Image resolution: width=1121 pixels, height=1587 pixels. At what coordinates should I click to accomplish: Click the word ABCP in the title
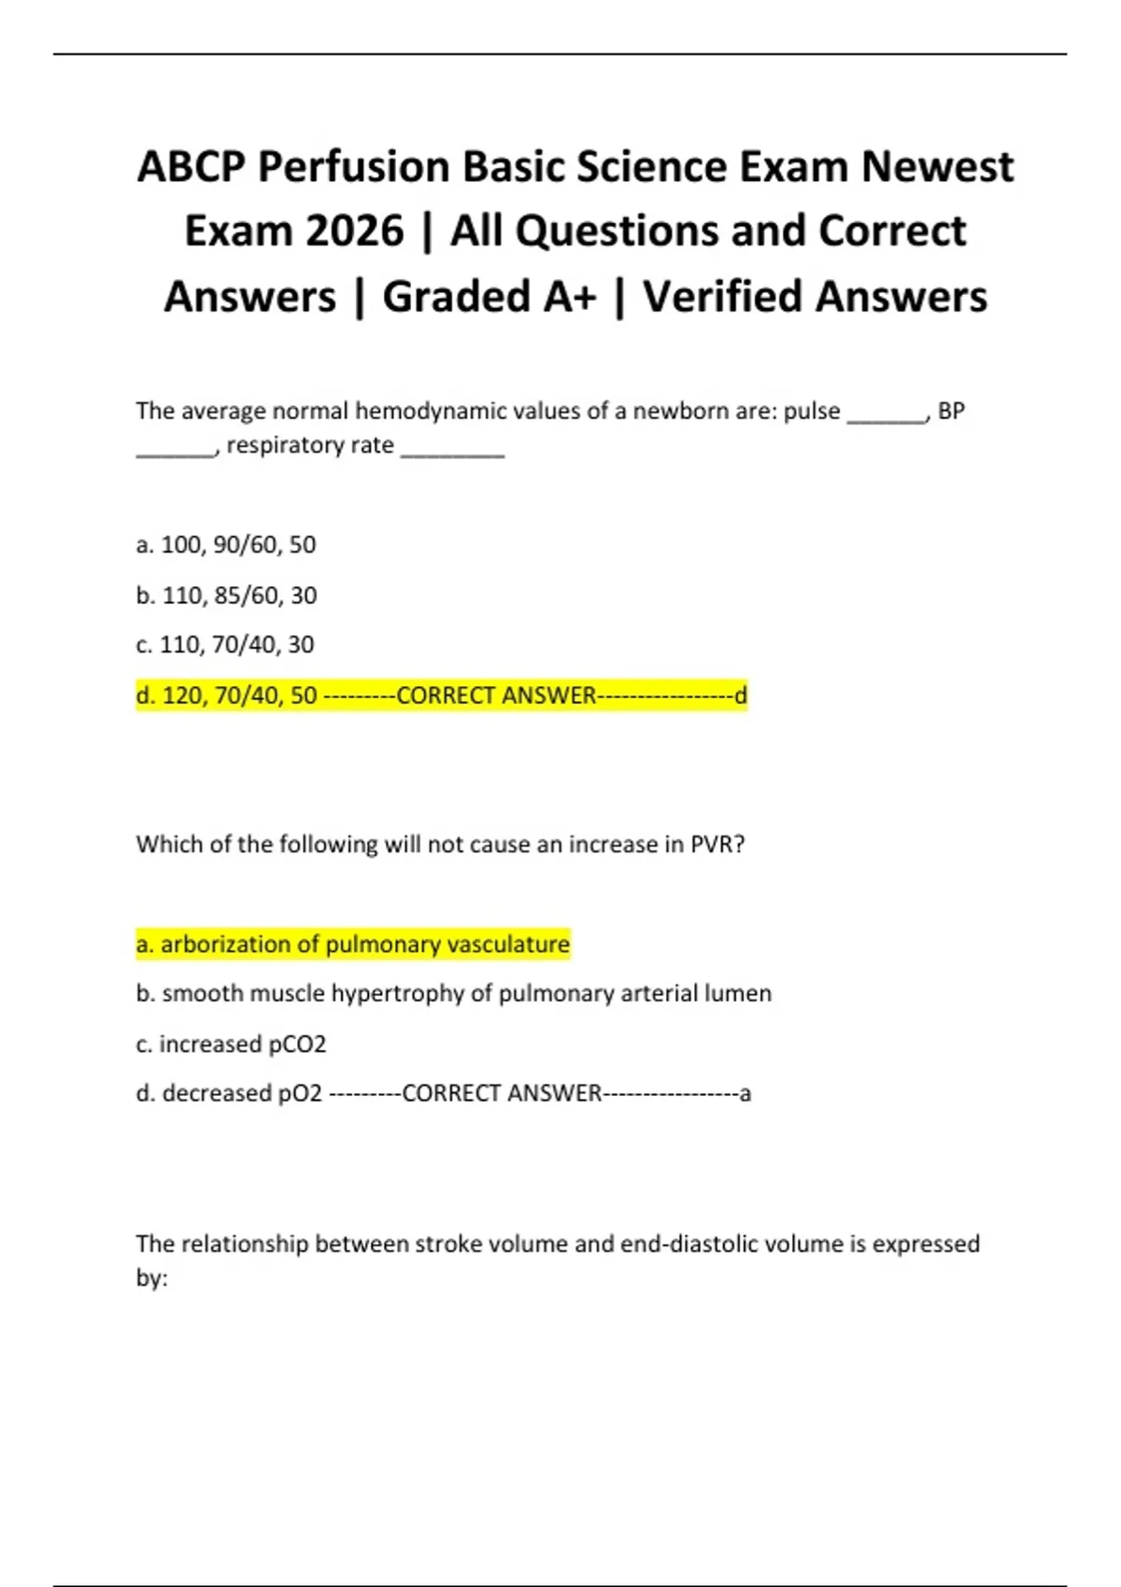coord(191,168)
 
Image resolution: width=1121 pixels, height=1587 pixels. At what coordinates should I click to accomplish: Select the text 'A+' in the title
coord(569,297)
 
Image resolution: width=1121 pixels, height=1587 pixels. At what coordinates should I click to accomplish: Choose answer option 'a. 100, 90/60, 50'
coord(226,544)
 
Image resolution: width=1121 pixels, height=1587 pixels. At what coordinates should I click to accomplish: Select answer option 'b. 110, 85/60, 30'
coord(226,595)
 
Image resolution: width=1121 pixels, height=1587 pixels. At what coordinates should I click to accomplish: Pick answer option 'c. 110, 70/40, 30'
coord(225,644)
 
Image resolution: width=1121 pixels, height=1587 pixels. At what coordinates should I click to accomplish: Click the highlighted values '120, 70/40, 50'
coord(239,695)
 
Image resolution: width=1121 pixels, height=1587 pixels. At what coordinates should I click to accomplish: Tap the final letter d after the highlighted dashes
coord(741,695)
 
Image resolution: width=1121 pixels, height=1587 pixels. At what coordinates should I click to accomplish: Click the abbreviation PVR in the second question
coord(717,845)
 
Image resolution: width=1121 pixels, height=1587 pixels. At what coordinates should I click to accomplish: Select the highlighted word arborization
coord(225,945)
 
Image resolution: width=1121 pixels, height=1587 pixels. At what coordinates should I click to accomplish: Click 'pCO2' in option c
coord(297,1044)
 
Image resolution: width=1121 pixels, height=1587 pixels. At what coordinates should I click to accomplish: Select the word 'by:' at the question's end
coord(151,1278)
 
